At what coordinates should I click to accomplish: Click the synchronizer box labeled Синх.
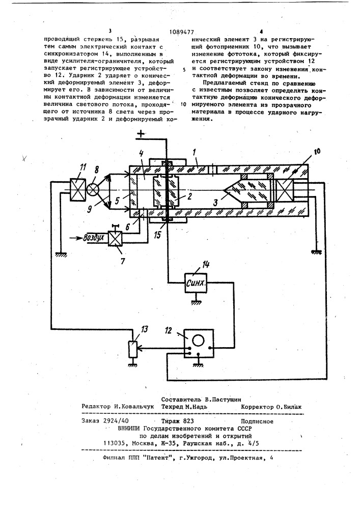click(196, 282)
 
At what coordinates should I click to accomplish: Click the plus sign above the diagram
click(141, 134)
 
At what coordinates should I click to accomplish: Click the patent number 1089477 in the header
click(181, 32)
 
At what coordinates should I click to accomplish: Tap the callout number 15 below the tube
click(157, 235)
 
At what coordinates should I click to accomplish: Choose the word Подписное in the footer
click(259, 421)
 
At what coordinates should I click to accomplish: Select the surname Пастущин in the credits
click(226, 399)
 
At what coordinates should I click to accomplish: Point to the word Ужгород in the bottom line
click(201, 458)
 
